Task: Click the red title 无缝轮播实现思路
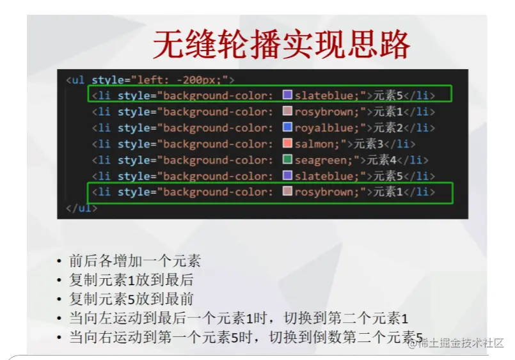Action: tap(281, 45)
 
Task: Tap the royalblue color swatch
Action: tap(287, 127)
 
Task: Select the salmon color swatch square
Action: tap(287, 143)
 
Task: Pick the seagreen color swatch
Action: tap(287, 159)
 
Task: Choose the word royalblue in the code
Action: tap(324, 128)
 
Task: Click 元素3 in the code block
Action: tap(368, 143)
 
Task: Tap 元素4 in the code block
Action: tap(382, 159)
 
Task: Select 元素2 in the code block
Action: tap(388, 127)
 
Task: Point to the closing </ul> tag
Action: tap(81, 208)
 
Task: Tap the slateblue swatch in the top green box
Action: tap(287, 95)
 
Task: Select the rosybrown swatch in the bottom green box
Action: tap(287, 191)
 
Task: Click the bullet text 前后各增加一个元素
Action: tap(134, 261)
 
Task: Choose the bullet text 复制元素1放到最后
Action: tap(131, 280)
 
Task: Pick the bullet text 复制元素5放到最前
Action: tap(131, 299)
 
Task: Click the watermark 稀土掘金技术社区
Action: tap(461, 343)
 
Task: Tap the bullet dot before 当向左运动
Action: tap(59, 318)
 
